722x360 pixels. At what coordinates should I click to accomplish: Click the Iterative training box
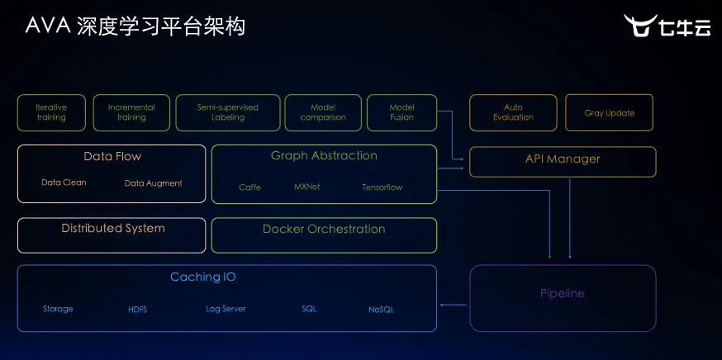51,112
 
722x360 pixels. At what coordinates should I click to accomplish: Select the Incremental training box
131,112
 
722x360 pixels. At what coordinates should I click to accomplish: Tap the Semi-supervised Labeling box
227,112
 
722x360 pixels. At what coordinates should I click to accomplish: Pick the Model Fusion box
401,112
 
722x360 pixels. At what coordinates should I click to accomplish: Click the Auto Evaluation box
513,112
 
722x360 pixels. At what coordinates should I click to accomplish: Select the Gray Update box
610,113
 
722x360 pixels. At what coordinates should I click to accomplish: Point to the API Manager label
563,159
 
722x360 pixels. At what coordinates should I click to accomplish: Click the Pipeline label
563,293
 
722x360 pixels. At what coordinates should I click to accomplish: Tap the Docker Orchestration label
324,230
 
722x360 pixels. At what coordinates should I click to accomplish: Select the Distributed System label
113,229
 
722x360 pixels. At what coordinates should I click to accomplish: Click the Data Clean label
64,182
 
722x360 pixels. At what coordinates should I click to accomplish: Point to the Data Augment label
154,183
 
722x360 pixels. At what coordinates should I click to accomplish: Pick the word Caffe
249,187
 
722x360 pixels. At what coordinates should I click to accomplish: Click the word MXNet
306,187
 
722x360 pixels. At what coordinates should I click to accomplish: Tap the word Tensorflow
382,187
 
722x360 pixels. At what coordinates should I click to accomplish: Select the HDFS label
137,310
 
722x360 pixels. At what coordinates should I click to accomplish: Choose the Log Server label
226,309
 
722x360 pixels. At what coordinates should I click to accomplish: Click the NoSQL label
381,310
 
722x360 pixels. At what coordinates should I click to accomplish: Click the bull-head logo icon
639,26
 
